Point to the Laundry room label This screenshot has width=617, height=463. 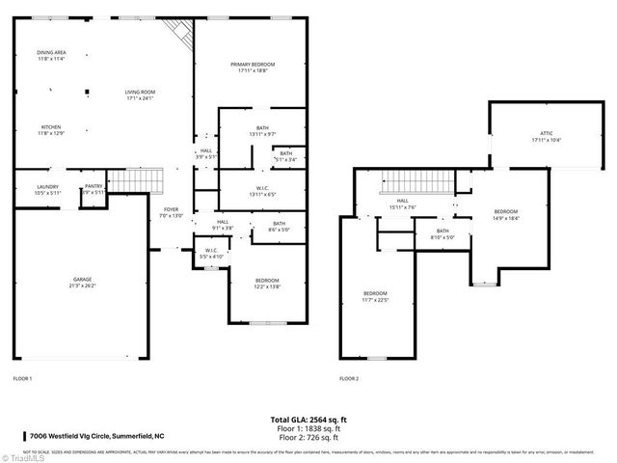pyautogui.click(x=48, y=189)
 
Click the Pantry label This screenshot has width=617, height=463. pyautogui.click(x=94, y=189)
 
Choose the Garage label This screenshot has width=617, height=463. pyautogui.click(x=81, y=282)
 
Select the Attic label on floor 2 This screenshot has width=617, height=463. pyautogui.click(x=546, y=136)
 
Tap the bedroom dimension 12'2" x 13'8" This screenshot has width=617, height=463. pyautogui.click(x=266, y=284)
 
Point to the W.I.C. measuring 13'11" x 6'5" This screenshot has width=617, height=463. pyautogui.click(x=262, y=190)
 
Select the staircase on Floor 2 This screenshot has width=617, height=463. pyautogui.click(x=416, y=179)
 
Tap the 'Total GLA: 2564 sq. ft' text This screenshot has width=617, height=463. pyautogui.click(x=308, y=419)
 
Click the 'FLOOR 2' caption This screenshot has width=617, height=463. pyautogui.click(x=348, y=378)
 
